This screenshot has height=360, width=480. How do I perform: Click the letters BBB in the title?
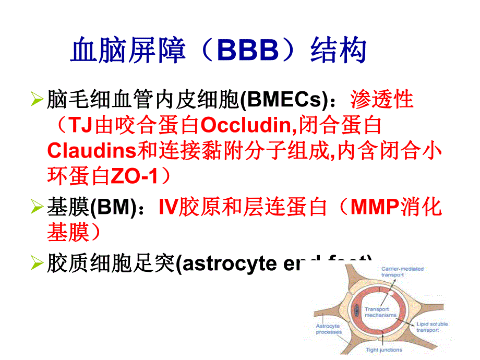248,51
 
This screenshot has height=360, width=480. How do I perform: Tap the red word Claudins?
91,151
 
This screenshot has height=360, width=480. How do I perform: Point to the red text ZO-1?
134,176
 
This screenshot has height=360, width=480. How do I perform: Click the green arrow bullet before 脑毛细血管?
37,100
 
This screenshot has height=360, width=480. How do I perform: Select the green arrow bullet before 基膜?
37,208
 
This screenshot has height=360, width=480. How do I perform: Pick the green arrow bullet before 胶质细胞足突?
37,263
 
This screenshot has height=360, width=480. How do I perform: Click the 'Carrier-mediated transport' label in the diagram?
402,271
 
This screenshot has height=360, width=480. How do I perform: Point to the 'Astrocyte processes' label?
329,329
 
